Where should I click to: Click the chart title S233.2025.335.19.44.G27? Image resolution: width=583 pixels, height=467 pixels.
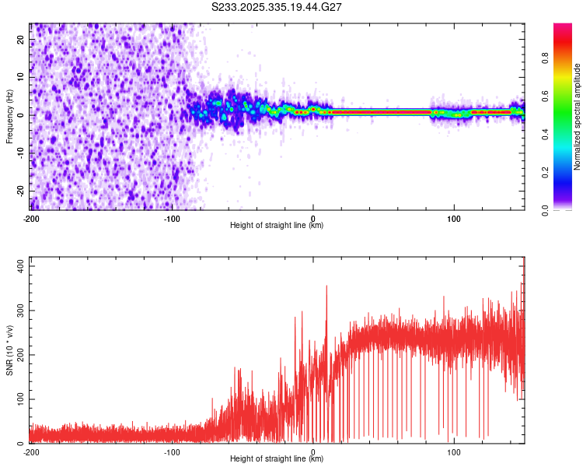tap(278, 7)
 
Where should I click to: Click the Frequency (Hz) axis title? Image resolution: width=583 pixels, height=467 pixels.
tap(9, 117)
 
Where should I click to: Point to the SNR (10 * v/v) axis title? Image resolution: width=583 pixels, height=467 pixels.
tap(9, 349)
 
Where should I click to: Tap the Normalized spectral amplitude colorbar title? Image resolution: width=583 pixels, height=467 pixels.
tap(577, 117)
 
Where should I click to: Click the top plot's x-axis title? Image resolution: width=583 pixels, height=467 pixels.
tap(277, 225)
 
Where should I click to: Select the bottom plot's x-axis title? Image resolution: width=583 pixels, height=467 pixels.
tap(277, 458)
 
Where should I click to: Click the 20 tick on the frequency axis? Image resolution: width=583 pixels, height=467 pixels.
tap(21, 41)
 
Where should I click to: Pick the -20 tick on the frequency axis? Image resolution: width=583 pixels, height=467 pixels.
tap(19, 191)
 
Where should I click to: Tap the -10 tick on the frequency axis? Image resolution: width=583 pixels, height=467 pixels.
tap(19, 153)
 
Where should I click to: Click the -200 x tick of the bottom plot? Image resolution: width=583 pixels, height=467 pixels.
tap(31, 451)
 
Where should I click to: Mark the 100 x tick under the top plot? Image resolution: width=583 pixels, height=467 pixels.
tap(454, 218)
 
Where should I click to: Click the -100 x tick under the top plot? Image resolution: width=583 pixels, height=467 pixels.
tap(172, 218)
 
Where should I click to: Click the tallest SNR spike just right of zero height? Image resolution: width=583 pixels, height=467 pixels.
tap(326, 286)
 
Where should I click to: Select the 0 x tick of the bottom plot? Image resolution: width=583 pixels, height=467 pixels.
tap(313, 451)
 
